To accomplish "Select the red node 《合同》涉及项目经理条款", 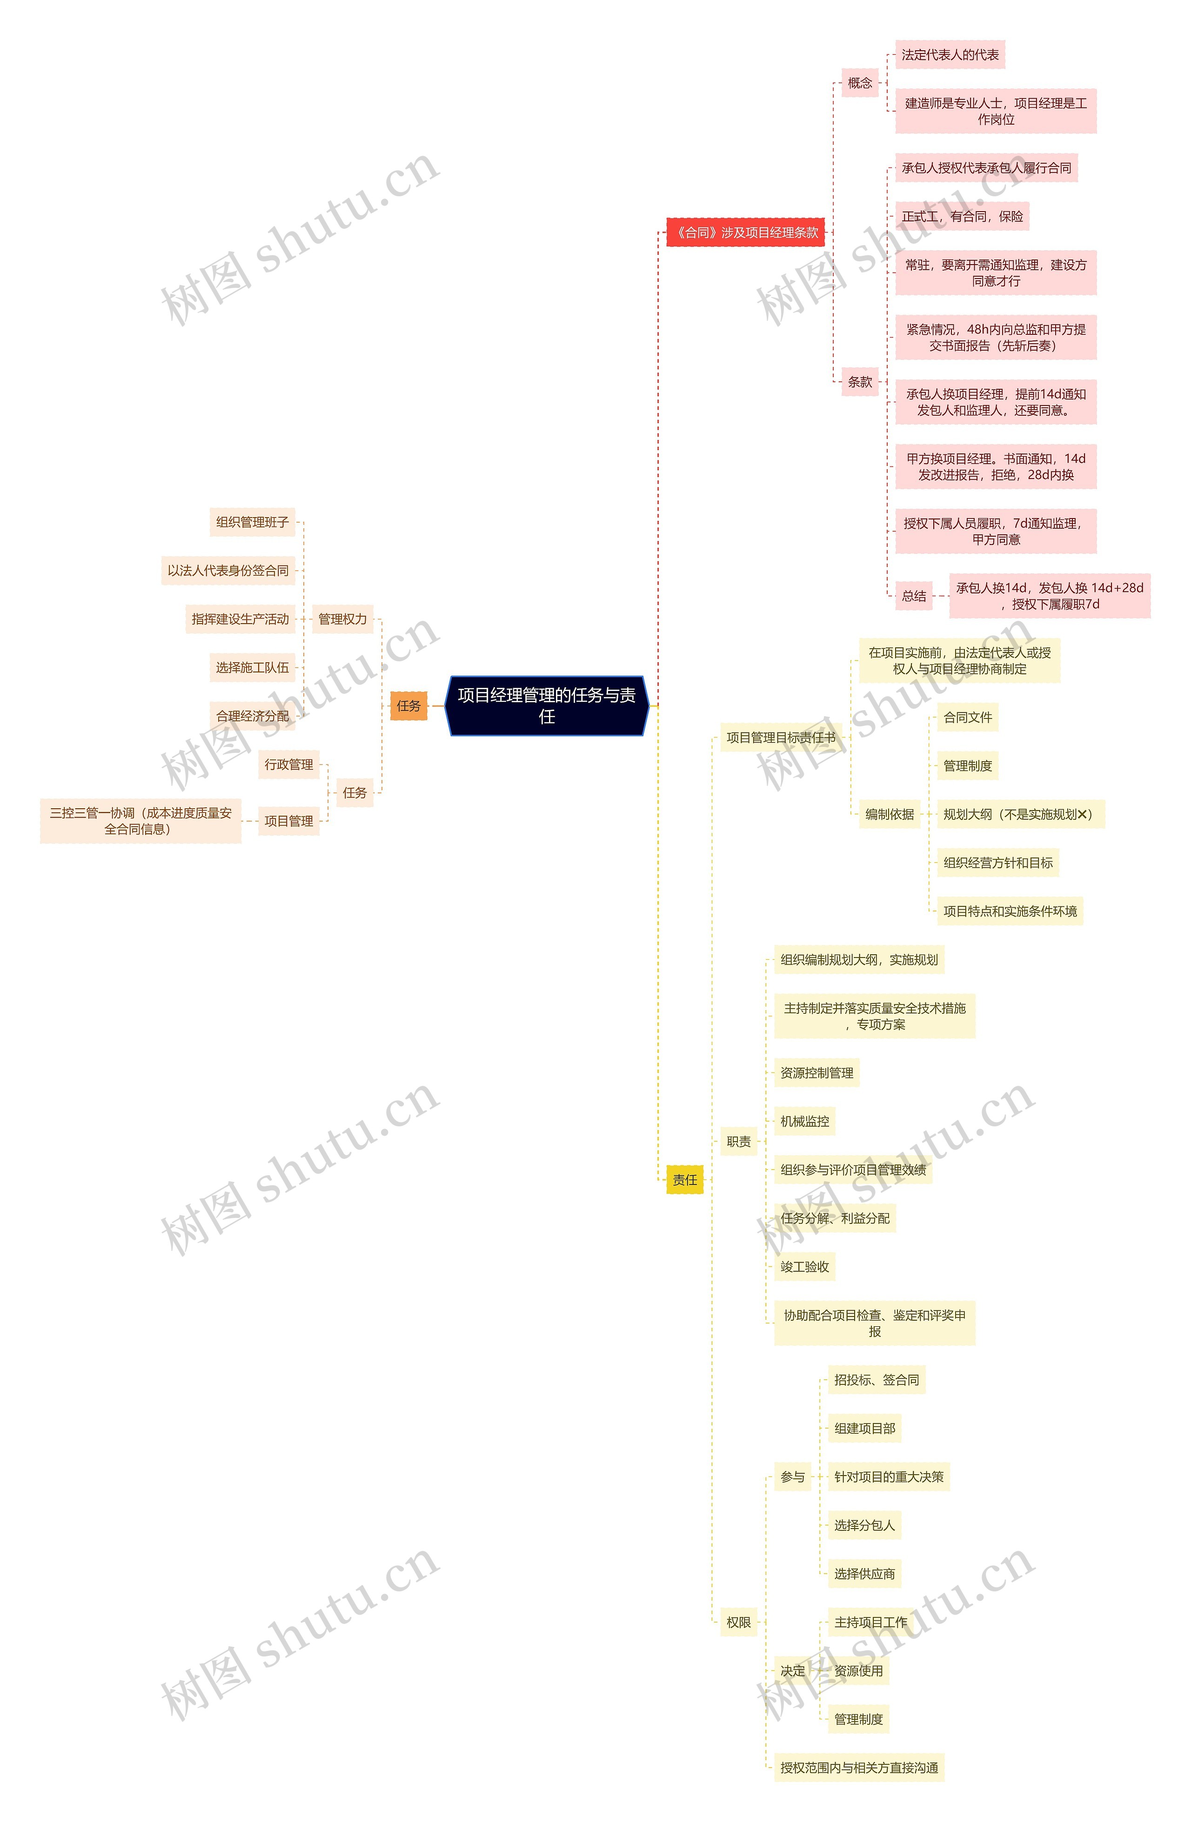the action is click(745, 232).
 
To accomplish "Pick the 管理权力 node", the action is click(342, 618).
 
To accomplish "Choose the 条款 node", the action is click(859, 381).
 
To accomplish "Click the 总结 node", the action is click(914, 596).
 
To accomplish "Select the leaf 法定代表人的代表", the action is click(950, 54).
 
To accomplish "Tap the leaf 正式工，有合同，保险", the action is click(962, 216).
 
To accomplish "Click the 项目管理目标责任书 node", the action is click(781, 737).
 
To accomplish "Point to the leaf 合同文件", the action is click(967, 718).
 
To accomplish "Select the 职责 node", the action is click(738, 1142).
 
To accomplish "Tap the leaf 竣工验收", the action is click(804, 1266).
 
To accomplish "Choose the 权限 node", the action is click(738, 1622).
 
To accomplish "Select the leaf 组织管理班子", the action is click(252, 522).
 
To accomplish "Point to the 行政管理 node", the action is click(289, 764).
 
